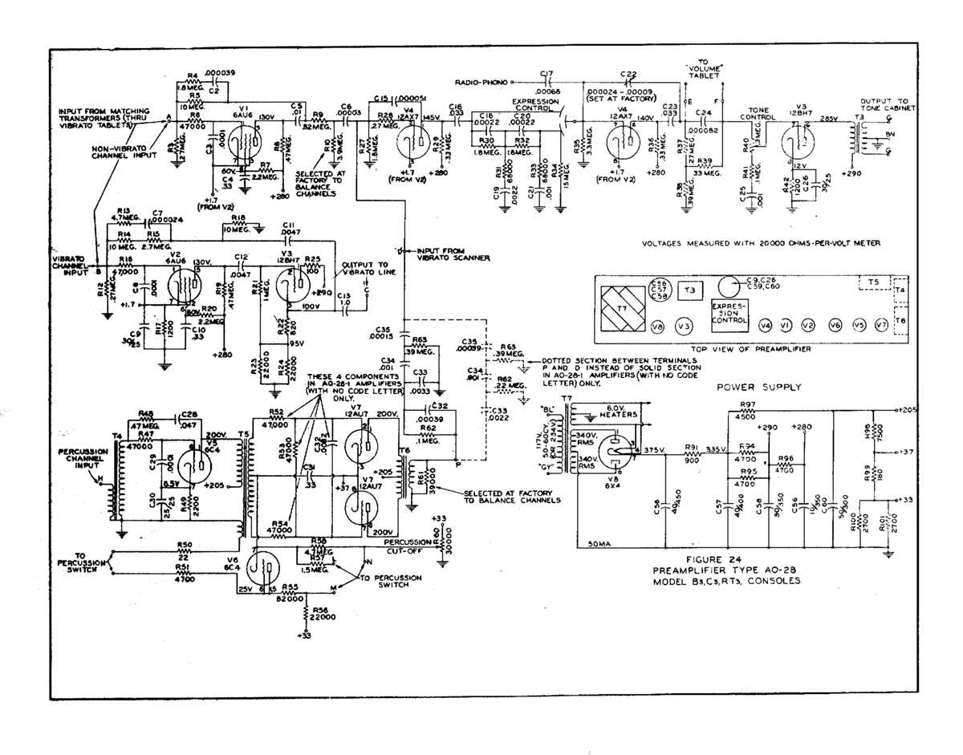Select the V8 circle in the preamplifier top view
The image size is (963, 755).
657,327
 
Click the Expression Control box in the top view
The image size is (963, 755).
730,314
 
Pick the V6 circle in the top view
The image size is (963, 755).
835,326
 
